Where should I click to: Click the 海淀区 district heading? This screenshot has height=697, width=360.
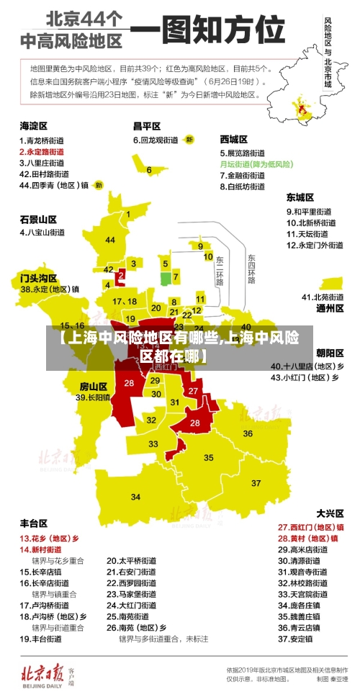click(33, 125)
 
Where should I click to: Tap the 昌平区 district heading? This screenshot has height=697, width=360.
click(147, 125)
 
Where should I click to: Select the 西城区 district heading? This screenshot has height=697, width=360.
click(234, 139)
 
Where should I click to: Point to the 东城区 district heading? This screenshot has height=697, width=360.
click(300, 197)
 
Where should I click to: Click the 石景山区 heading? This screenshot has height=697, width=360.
click(37, 219)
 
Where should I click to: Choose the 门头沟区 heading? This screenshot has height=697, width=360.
click(37, 276)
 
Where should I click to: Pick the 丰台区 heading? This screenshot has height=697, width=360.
click(33, 523)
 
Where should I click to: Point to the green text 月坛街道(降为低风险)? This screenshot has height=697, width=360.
click(256, 164)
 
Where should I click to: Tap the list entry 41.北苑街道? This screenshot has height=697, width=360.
click(323, 297)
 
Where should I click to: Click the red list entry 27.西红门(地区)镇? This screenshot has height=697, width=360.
click(310, 527)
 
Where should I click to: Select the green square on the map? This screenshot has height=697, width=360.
click(165, 277)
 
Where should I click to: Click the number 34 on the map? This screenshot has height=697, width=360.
click(136, 496)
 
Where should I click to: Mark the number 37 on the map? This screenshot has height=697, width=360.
click(256, 482)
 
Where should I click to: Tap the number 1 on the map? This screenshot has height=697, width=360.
click(128, 214)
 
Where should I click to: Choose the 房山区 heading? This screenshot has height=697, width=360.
click(93, 386)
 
